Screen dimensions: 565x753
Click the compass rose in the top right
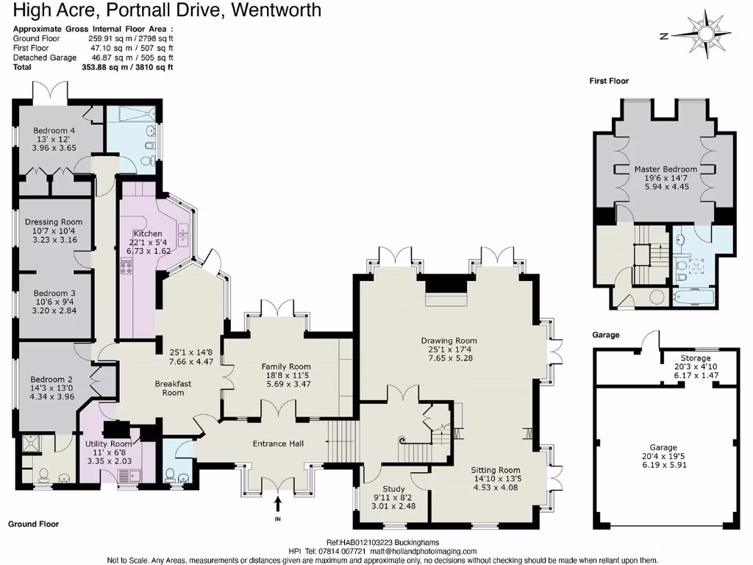click(707, 33)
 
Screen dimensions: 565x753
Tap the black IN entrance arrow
click(278, 503)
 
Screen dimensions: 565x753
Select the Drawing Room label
click(449, 341)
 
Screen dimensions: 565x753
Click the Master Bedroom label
click(665, 169)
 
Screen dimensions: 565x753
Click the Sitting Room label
click(496, 470)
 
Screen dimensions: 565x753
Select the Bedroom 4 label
click(54, 130)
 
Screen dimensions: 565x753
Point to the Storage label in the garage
click(695, 358)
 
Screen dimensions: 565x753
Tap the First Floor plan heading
click(609, 81)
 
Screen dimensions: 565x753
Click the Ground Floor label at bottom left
click(33, 524)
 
